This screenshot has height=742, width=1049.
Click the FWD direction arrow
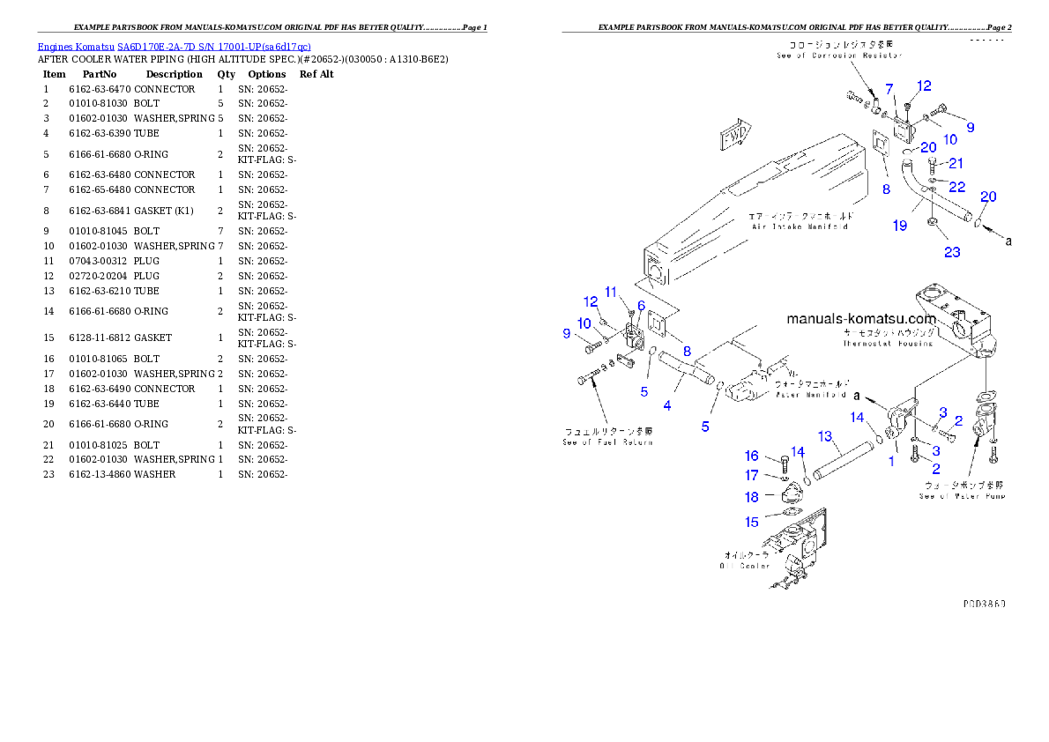pos(733,138)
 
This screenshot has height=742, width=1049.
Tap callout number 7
pos(889,88)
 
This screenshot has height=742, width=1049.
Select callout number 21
pos(956,163)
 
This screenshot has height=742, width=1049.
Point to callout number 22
pos(956,187)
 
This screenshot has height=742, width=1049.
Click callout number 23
pos(953,252)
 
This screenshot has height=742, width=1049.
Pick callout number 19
pos(899,226)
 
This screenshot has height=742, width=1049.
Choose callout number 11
pos(611,292)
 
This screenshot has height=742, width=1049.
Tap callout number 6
pos(641,305)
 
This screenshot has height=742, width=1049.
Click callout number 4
pos(667,405)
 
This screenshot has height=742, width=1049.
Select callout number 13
pos(825,436)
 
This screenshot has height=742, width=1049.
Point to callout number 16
pos(751,456)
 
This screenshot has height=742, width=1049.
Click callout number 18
pos(752,497)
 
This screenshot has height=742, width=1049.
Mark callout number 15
pos(752,522)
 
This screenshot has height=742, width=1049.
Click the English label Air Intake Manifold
pos(799,226)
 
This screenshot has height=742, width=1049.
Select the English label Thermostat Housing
pos(887,344)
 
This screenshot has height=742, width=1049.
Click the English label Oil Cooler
pos(745,566)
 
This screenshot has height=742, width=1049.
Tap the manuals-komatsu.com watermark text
pos(860,319)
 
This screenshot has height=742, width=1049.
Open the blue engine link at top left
pos(174,47)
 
